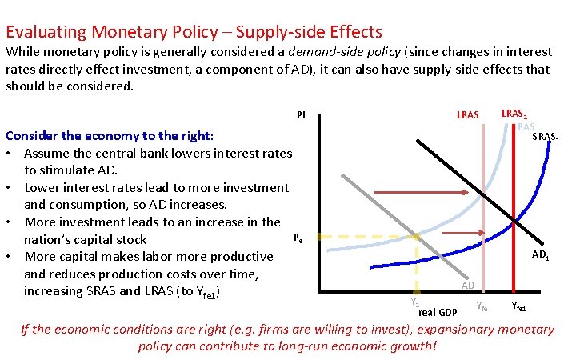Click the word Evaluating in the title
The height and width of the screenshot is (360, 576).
[x=46, y=33]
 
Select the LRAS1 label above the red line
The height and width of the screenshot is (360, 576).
[x=514, y=114]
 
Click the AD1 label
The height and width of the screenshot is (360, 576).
[x=542, y=256]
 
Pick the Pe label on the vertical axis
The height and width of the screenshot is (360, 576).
[x=298, y=237]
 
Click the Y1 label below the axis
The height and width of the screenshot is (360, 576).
[x=414, y=302]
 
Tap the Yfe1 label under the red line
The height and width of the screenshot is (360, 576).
[x=518, y=306]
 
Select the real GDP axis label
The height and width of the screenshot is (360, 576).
[x=438, y=312]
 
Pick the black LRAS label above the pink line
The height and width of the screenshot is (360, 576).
[x=467, y=115]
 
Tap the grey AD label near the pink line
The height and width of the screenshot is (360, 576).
[x=469, y=286]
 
